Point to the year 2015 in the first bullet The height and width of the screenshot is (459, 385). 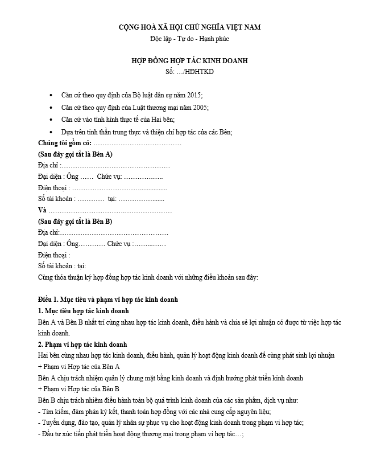tap(193, 95)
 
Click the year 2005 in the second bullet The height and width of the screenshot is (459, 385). tap(198, 107)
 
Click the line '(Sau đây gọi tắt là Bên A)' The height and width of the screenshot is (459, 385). tap(75, 154)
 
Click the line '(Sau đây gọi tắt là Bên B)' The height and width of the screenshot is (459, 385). tap(75, 221)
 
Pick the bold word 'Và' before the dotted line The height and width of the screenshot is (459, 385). tap(43, 210)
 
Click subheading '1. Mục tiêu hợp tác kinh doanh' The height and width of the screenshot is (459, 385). tap(83, 310)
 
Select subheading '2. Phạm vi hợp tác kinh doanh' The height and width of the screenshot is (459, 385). tap(82, 345)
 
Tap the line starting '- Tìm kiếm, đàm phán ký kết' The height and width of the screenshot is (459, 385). tap(154, 411)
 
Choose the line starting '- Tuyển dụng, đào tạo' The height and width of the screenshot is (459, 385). tap(171, 423)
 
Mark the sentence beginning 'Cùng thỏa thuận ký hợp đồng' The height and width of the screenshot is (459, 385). tap(148, 277)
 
